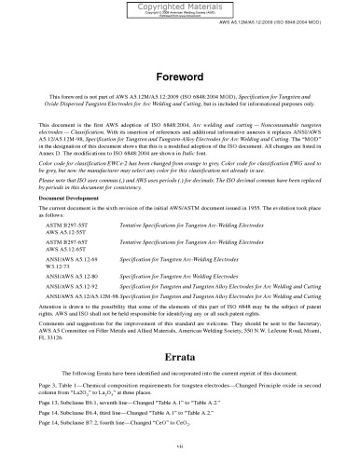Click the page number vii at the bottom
pos(180,448)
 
